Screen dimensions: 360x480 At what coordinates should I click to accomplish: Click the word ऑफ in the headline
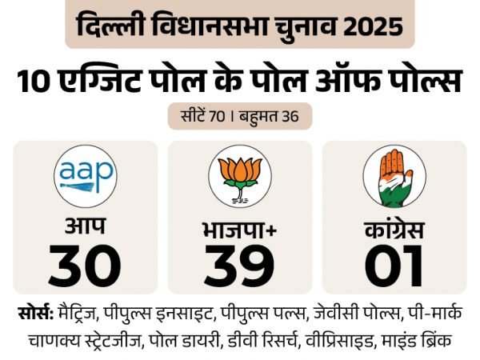click(346, 83)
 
